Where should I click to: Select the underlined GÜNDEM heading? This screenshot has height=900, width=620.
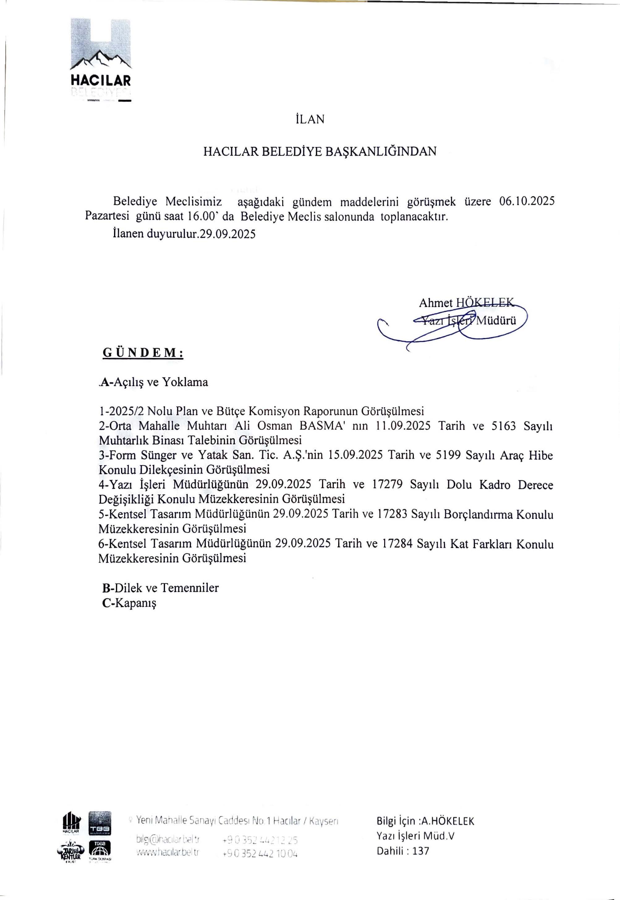click(x=142, y=353)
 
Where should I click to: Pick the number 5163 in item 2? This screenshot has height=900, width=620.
click(x=503, y=426)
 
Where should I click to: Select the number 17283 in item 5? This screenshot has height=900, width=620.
click(x=392, y=515)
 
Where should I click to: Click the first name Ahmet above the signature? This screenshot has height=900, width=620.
click(x=435, y=303)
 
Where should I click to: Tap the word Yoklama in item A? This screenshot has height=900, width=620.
click(x=185, y=382)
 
